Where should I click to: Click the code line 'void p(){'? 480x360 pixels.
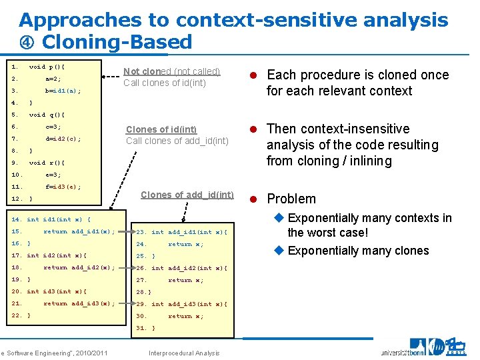point(47,67)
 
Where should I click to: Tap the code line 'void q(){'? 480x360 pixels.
point(47,115)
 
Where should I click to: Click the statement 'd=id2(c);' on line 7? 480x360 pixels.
point(63,139)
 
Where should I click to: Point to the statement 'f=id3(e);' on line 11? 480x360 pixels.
point(63,187)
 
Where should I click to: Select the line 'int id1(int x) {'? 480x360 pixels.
point(59,219)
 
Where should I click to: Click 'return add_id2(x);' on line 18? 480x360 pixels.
point(79,267)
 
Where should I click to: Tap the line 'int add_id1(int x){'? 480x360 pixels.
point(189,232)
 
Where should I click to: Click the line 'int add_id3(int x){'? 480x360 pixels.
point(189,304)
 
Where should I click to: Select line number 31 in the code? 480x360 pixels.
point(141,328)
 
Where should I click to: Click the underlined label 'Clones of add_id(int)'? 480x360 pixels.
point(187,195)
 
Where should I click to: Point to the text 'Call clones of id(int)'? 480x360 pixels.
point(165,83)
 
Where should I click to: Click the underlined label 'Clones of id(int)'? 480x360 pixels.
point(161,129)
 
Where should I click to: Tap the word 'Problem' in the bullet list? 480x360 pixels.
point(291,199)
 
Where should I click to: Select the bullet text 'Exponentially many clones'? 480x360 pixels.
point(358,251)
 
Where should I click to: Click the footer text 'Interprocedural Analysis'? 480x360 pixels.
point(184,353)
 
